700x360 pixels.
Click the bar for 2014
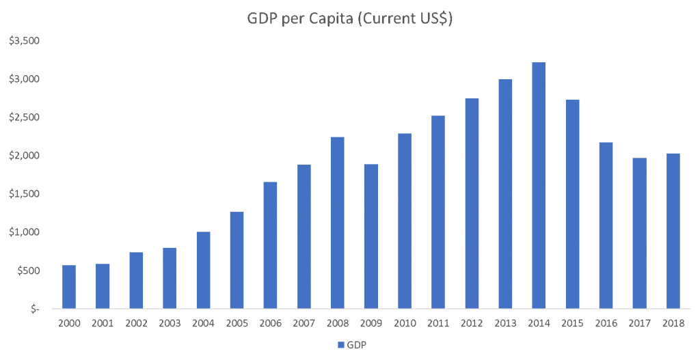[x=538, y=185]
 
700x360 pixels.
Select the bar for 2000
[x=69, y=286]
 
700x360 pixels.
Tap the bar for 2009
[x=371, y=236]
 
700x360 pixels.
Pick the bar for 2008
[x=337, y=222]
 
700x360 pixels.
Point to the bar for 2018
[x=672, y=230]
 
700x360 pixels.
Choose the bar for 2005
[x=237, y=260]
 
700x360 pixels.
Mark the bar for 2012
[x=471, y=203]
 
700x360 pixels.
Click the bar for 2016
[x=605, y=225]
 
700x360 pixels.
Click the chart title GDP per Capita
[x=350, y=19]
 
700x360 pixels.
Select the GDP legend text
[x=357, y=345]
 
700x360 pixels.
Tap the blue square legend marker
[x=340, y=345]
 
